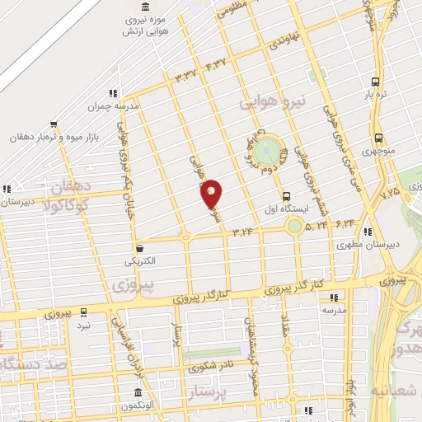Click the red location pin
212,194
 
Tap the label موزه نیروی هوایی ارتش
134,26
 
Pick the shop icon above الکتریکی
139,247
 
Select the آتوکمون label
138,406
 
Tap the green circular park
266,152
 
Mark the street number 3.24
242,232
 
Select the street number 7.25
390,192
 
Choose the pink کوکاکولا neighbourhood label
69,202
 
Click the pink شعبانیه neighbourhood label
396,389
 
